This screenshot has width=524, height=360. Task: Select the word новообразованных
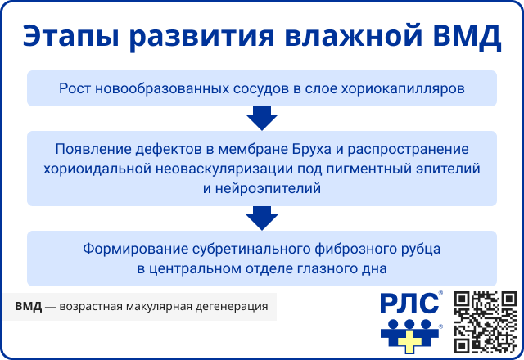click(149, 88)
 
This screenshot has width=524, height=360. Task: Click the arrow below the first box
click(262, 119)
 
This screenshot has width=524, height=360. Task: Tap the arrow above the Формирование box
click(262, 218)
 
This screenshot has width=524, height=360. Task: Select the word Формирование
click(133, 249)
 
